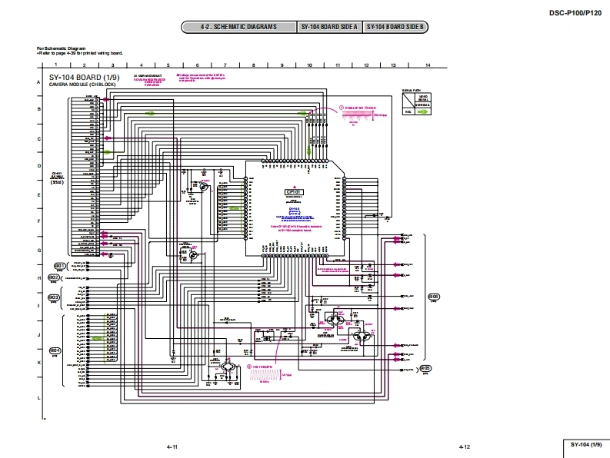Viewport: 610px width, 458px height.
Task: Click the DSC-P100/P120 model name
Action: [575, 12]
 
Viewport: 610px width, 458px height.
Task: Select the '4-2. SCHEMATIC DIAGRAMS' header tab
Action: [239, 28]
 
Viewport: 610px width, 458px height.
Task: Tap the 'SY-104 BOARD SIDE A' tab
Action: [330, 28]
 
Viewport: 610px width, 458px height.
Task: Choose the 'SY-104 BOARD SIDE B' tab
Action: [395, 28]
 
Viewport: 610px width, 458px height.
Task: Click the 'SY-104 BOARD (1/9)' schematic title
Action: [85, 78]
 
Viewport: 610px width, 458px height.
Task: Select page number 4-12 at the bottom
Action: [464, 446]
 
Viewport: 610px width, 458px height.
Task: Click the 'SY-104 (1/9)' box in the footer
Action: [585, 446]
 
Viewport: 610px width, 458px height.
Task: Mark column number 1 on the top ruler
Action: [56, 65]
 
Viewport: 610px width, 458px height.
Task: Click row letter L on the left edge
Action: [38, 397]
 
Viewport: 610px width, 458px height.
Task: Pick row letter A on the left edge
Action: [38, 81]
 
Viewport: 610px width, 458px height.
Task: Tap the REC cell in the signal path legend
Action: [408, 111]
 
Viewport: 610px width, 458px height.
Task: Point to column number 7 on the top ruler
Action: [225, 65]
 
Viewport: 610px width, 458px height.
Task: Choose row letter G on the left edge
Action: [38, 251]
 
